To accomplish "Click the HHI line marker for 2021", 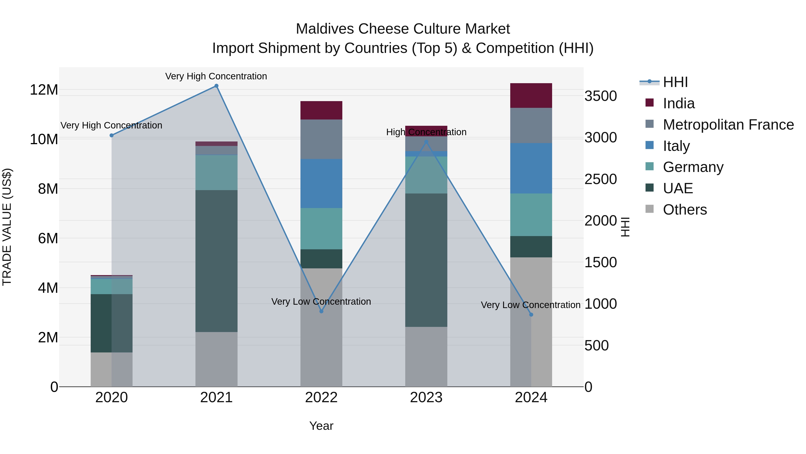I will [216, 86].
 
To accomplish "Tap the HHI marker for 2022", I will [321, 311].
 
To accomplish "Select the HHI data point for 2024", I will [531, 315].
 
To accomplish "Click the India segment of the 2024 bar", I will [531, 96].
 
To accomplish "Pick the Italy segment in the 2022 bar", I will [321, 183].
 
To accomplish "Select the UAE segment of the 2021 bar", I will [216, 261].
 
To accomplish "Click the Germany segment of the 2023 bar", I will [426, 175].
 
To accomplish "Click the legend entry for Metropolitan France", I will [728, 125].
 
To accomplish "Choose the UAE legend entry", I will [678, 188].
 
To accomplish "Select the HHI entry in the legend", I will [675, 82].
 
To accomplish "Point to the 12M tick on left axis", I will [44, 90].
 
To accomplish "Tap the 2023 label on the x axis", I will [426, 398].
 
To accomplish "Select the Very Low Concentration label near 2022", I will [321, 301].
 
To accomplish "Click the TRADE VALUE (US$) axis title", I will [7, 227].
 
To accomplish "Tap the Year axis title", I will [321, 426].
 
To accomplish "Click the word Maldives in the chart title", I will [325, 29].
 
